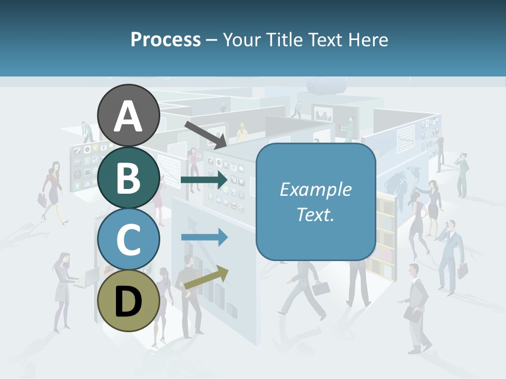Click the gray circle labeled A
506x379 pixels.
pyautogui.click(x=129, y=115)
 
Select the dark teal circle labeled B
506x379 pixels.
pyautogui.click(x=129, y=178)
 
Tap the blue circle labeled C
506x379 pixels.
pyautogui.click(x=129, y=239)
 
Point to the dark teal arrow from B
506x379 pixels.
pyautogui.click(x=204, y=180)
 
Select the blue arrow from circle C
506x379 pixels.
pyautogui.click(x=204, y=237)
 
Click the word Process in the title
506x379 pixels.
pyautogui.click(x=166, y=39)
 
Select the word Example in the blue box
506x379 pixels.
pyautogui.click(x=315, y=189)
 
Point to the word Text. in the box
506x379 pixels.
pyautogui.click(x=315, y=214)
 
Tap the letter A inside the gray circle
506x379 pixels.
pyautogui.click(x=129, y=116)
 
